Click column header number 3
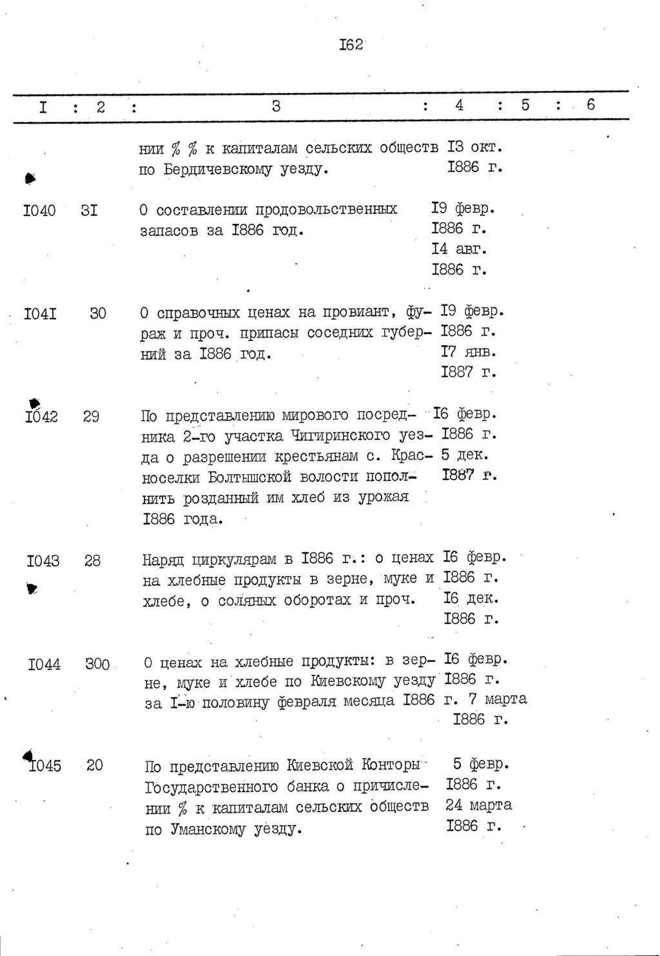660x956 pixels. tap(276, 106)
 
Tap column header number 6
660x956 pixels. tap(591, 105)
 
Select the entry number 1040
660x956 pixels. tap(39, 210)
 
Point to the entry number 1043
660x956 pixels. tap(43, 561)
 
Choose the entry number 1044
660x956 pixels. tap(44, 663)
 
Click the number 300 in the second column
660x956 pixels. tap(97, 663)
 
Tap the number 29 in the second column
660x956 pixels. tap(91, 417)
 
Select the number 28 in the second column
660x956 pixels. tap(92, 561)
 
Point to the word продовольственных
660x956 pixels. tap(327, 210)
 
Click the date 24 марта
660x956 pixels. tap(478, 805)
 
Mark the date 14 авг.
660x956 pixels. tap(459, 249)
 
